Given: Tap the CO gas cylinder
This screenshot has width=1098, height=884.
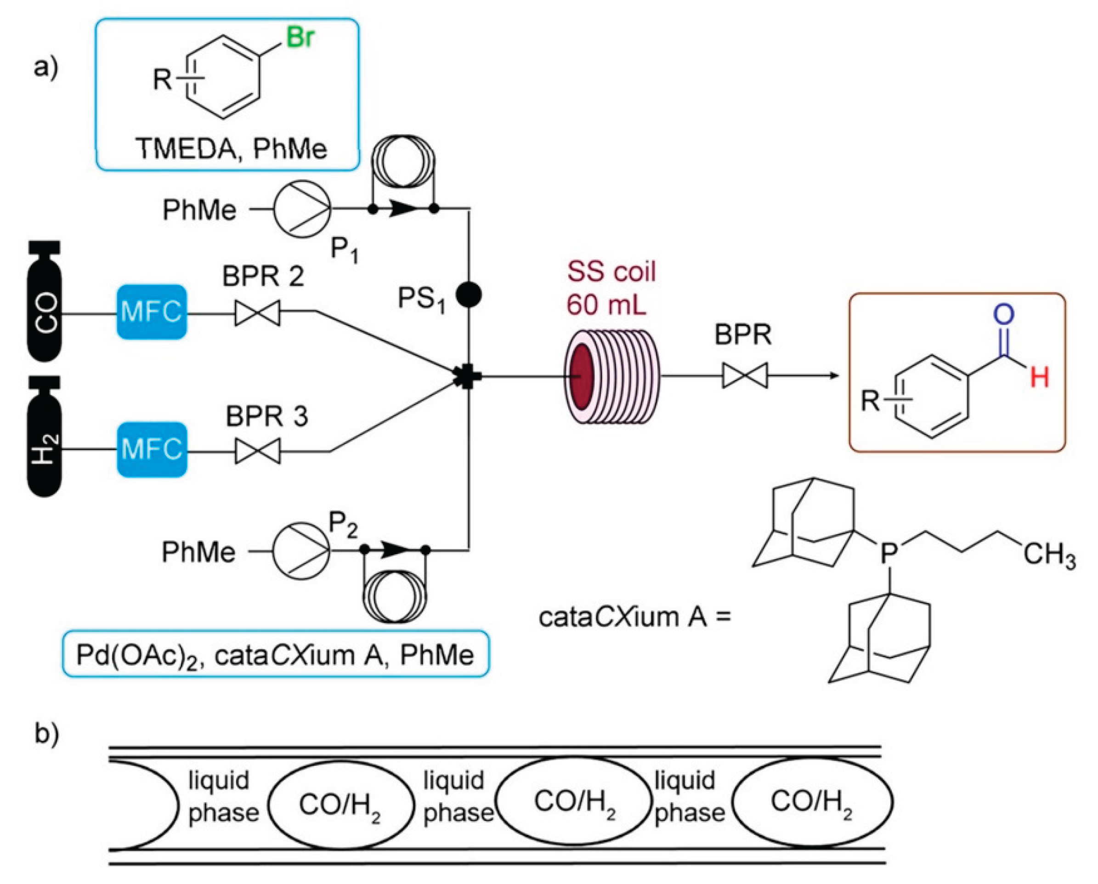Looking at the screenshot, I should [45, 301].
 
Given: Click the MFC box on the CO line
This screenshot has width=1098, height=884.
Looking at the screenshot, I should [152, 312].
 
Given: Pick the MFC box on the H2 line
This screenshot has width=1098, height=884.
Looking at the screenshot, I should [152, 449].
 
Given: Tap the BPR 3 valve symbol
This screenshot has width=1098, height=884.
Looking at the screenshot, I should [257, 451].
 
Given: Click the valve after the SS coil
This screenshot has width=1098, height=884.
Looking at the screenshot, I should [745, 376].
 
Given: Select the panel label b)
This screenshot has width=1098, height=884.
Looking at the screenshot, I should [46, 734].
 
